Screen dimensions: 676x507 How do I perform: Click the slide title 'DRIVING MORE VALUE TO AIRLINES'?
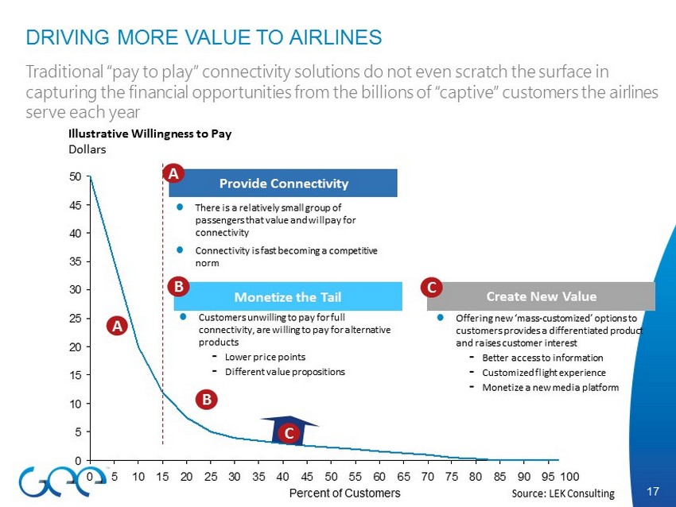pyautogui.click(x=204, y=37)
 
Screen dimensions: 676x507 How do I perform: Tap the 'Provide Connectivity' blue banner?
pyautogui.click(x=283, y=183)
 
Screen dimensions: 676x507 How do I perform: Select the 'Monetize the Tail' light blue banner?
pyautogui.click(x=288, y=296)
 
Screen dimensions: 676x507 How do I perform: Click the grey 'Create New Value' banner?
pyautogui.click(x=541, y=296)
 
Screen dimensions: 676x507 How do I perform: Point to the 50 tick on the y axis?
pyautogui.click(x=88, y=176)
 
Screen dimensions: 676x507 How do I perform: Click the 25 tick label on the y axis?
pyautogui.click(x=75, y=319)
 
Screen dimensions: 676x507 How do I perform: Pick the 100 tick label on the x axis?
pyautogui.click(x=569, y=477)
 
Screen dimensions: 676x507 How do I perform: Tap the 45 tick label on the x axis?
pyautogui.click(x=306, y=477)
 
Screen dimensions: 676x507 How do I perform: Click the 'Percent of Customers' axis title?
pyautogui.click(x=344, y=493)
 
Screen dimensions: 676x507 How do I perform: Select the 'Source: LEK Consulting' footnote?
pyautogui.click(x=563, y=493)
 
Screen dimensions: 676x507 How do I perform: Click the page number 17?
pyautogui.click(x=653, y=491)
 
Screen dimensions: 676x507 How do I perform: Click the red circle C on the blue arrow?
pyautogui.click(x=289, y=433)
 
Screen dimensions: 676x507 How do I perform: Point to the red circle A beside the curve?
pyautogui.click(x=117, y=326)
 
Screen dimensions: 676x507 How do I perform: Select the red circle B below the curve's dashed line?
pyautogui.click(x=207, y=399)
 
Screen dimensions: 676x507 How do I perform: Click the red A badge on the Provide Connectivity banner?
pyautogui.click(x=173, y=173)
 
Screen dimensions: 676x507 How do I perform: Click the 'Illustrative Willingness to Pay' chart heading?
pyautogui.click(x=150, y=134)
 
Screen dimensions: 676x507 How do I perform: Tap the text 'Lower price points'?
pyautogui.click(x=265, y=357)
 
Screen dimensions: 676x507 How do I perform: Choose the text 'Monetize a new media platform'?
pyautogui.click(x=550, y=387)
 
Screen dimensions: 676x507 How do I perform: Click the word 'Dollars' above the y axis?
pyautogui.click(x=87, y=149)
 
